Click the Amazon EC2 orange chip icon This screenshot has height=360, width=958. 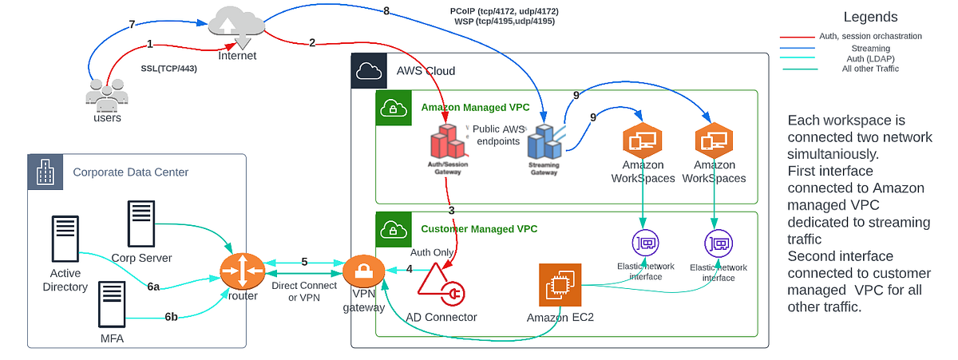(x=559, y=287)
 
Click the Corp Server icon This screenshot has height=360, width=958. (x=141, y=223)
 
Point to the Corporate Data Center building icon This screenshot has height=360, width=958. (x=46, y=172)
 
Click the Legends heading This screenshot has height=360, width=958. (x=870, y=17)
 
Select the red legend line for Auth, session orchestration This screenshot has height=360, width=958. (x=797, y=36)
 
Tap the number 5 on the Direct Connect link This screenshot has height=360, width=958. (x=303, y=262)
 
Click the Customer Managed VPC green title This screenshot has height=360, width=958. (x=479, y=228)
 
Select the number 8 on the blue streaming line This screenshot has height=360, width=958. (x=386, y=11)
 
